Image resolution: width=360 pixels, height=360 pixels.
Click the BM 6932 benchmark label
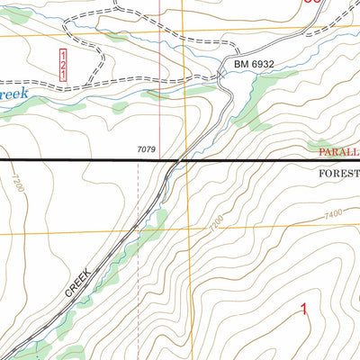click(x=254, y=66)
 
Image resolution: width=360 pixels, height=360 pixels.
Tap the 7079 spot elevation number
click(x=146, y=149)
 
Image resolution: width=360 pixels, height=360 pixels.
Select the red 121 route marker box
click(x=63, y=67)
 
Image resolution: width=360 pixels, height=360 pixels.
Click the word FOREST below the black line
click(x=338, y=171)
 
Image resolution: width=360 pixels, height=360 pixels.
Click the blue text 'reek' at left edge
click(x=16, y=94)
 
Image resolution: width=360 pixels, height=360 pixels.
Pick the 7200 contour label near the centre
click(x=216, y=225)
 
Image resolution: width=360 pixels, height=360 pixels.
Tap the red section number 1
click(x=303, y=310)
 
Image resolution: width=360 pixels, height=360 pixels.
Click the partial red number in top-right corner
click(x=312, y=3)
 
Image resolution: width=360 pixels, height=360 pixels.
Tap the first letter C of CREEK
click(x=69, y=294)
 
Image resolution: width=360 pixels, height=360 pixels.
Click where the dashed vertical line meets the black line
click(x=139, y=160)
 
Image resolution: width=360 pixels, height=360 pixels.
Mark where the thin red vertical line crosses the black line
click(x=159, y=160)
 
